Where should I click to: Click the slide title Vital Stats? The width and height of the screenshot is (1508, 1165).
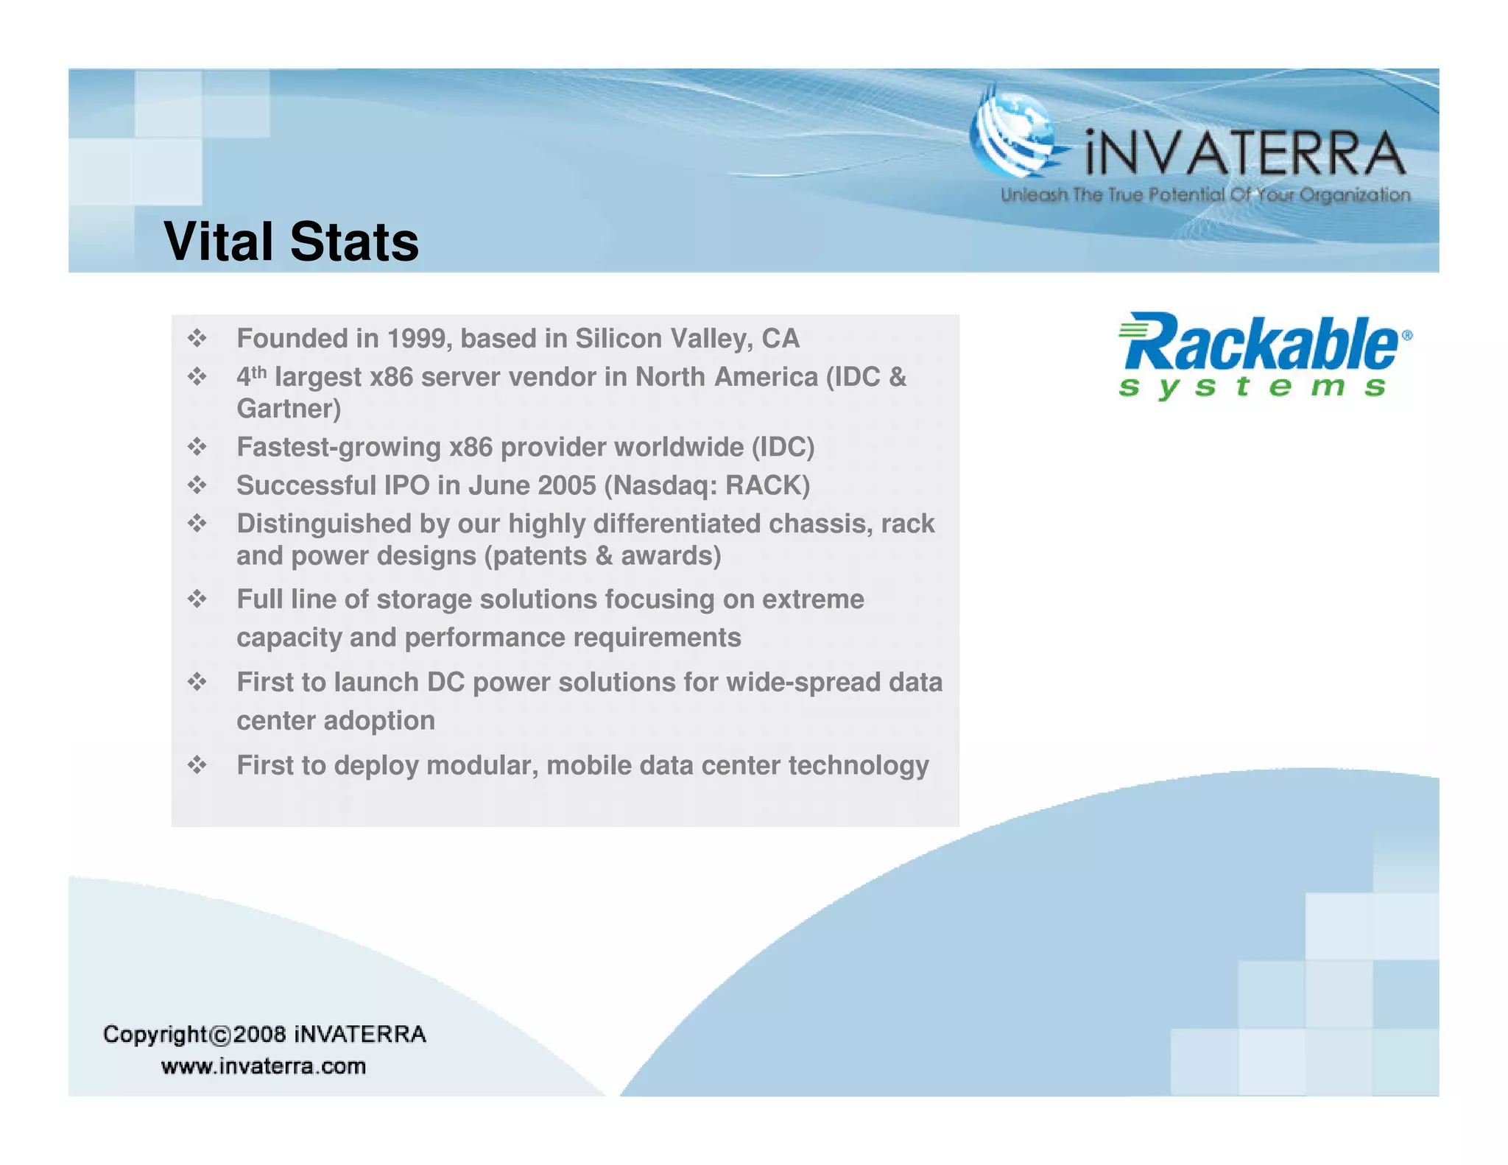(291, 242)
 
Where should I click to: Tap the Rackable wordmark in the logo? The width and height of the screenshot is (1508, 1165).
(1259, 343)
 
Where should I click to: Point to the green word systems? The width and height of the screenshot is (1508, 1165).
(1252, 387)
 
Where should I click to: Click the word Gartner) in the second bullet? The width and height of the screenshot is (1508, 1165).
(289, 409)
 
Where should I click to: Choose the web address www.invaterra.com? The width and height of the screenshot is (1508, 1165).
(264, 1066)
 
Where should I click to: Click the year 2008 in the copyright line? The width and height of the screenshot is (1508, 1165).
(260, 1035)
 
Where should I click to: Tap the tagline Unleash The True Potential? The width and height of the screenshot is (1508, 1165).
(1205, 195)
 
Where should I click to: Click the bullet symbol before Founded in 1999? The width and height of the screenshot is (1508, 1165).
(197, 339)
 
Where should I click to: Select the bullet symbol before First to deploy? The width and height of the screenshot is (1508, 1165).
(197, 766)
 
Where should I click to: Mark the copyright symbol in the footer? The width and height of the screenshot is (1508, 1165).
(220, 1035)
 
